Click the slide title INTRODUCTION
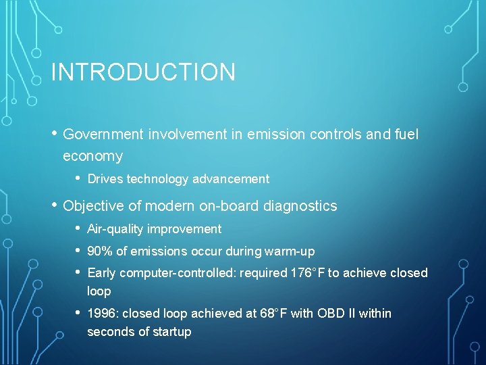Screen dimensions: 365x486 tap(143, 72)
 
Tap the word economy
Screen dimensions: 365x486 tap(92, 156)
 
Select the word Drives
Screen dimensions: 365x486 tap(105, 179)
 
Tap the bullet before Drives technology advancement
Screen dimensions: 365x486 tap(78, 178)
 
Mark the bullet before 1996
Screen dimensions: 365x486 tap(78, 313)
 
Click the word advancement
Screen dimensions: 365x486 tap(231, 179)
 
